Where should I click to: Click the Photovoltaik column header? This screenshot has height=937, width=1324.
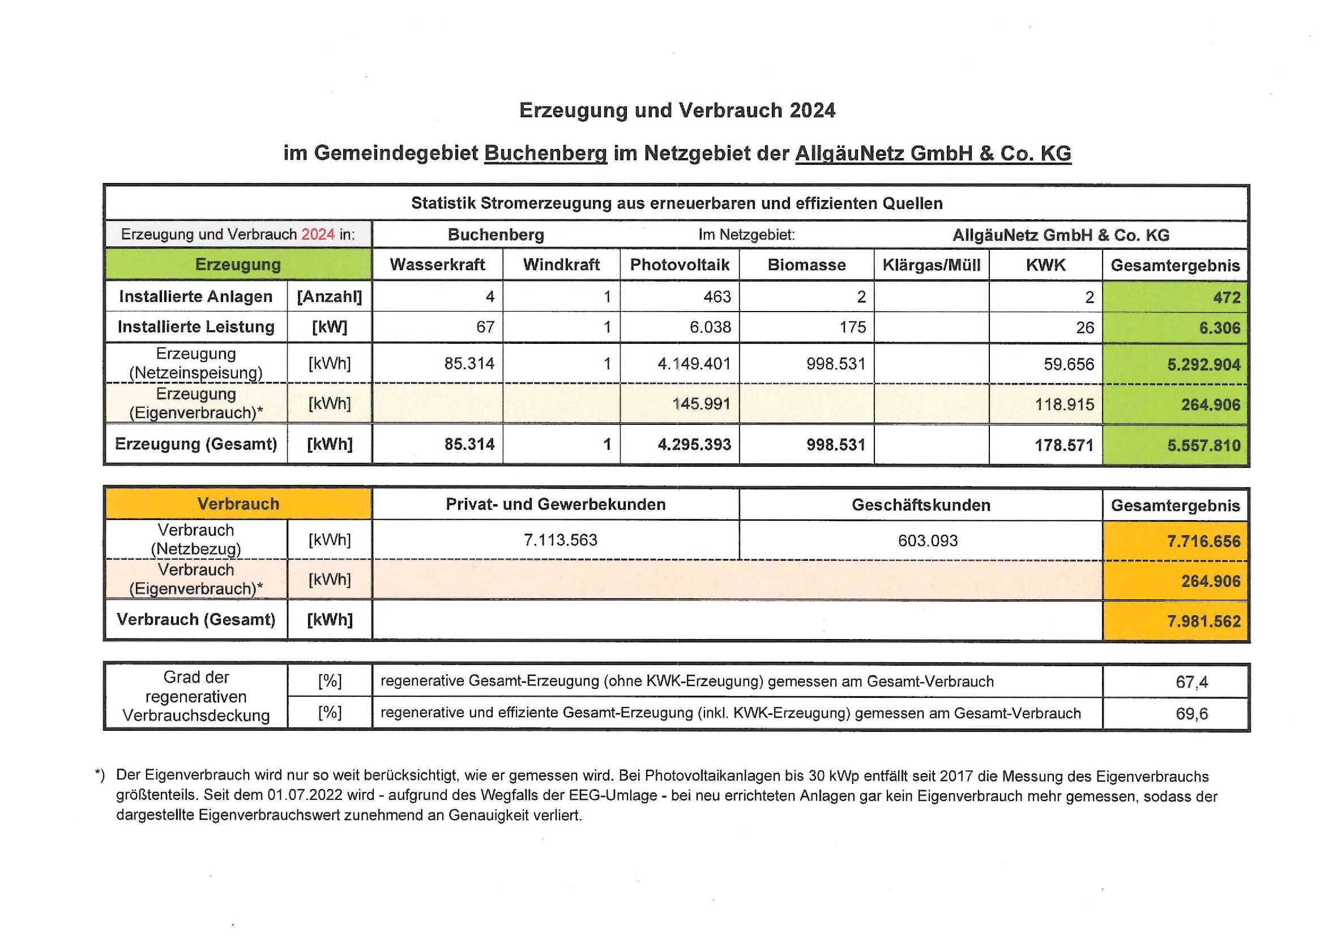(680, 265)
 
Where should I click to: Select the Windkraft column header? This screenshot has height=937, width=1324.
(561, 265)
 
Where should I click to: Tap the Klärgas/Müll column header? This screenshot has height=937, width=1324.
(932, 265)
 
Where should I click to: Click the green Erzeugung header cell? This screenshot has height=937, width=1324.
(238, 265)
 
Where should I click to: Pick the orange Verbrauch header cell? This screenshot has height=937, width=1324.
(238, 504)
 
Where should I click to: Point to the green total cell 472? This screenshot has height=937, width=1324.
(1226, 298)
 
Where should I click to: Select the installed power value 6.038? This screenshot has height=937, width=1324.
(710, 327)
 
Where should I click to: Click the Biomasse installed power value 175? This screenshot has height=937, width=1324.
(852, 327)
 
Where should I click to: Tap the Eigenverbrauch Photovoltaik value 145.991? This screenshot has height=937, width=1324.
(701, 403)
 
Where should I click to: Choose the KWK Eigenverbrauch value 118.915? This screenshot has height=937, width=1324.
(1064, 404)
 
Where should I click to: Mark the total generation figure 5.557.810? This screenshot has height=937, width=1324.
(1203, 445)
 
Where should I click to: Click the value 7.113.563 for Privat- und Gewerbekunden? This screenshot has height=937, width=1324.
(560, 540)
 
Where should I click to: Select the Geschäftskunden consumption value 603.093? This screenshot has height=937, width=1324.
(927, 540)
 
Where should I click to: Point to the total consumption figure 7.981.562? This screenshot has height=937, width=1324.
(1203, 621)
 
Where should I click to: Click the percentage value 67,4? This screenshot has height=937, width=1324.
(1191, 683)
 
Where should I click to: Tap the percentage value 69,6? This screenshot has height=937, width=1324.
(1191, 714)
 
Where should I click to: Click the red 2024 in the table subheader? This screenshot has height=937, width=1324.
(318, 235)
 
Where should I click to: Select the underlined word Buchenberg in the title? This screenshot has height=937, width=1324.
(545, 154)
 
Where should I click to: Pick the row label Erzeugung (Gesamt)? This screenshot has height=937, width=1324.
(195, 444)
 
